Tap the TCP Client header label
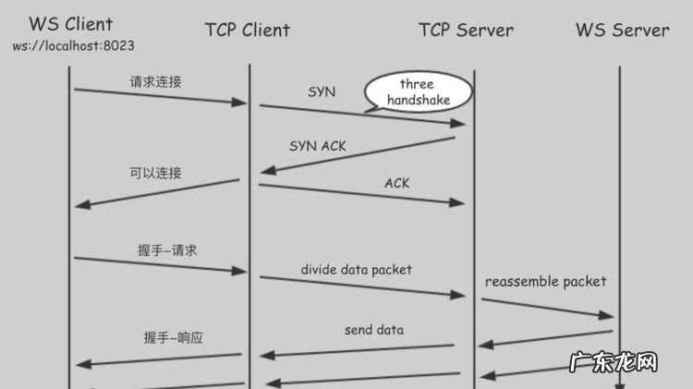tap(247, 30)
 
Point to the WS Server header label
tap(622, 30)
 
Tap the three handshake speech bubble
tap(417, 91)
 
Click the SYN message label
tap(322, 92)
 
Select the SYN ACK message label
tap(318, 146)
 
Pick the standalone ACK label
tap(396, 183)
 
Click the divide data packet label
tap(356, 270)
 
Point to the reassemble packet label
tap(546, 281)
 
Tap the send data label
tap(373, 329)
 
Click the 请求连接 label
tap(155, 81)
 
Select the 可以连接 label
tap(155, 173)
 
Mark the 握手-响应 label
tap(173, 337)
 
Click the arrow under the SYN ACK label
tap(359, 154)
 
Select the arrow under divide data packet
tap(361, 286)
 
